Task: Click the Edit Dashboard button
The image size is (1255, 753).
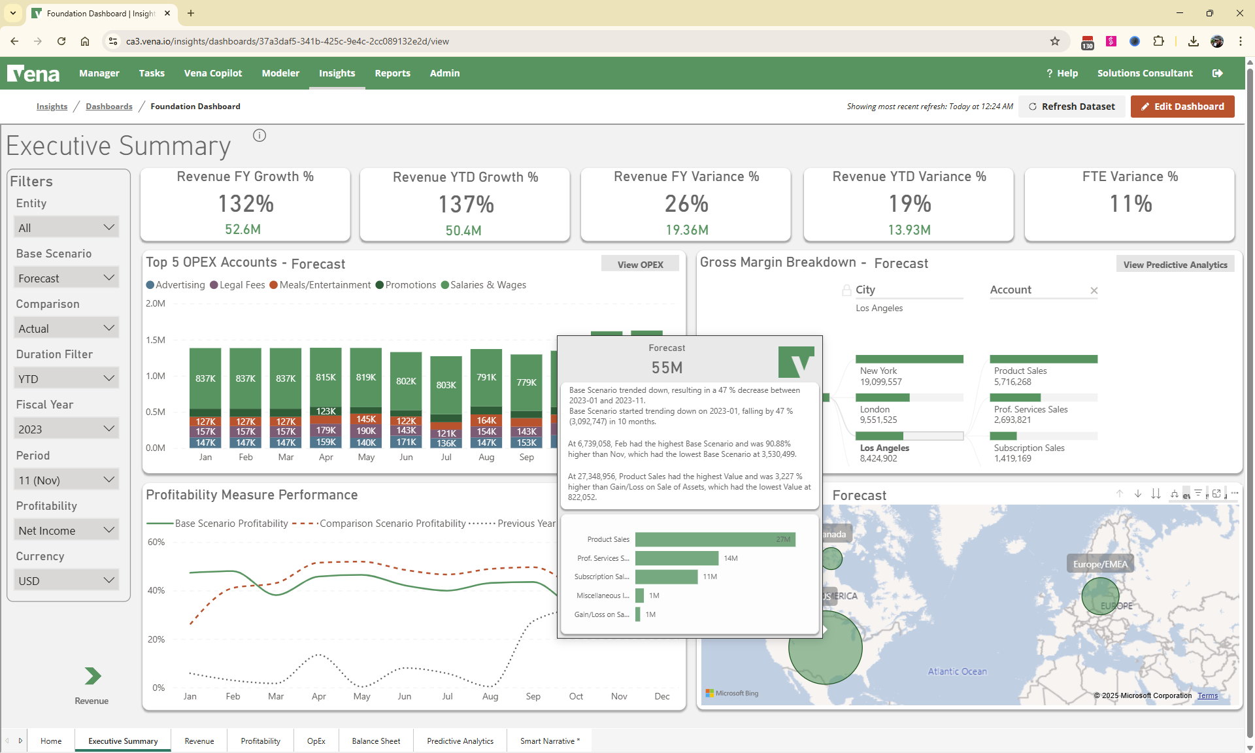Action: coord(1182,107)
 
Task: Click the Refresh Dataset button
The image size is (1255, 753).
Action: coord(1071,107)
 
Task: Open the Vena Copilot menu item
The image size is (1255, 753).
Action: coord(212,73)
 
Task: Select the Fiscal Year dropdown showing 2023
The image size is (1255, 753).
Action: coord(66,429)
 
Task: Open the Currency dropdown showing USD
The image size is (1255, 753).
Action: coord(66,580)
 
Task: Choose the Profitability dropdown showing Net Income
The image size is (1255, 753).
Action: coord(66,530)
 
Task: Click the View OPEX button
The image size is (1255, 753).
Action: coord(640,265)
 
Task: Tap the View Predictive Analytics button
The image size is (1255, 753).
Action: coord(1175,265)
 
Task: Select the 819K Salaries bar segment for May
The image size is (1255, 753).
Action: coord(366,377)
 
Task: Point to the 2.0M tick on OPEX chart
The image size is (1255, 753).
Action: coord(156,303)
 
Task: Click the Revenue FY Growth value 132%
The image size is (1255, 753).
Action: coord(245,204)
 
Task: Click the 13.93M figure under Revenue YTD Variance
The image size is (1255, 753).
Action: coord(909,230)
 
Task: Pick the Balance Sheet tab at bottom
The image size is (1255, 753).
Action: coord(376,741)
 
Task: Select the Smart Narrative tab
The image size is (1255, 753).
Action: coord(549,741)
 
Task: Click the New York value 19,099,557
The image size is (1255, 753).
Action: coord(880,382)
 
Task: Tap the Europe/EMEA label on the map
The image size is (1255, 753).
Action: coord(1100,564)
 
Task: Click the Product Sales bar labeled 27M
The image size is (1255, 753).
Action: coord(714,539)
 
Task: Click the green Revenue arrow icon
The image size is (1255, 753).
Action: coord(92,676)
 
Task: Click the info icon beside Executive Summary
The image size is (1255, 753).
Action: coord(259,135)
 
